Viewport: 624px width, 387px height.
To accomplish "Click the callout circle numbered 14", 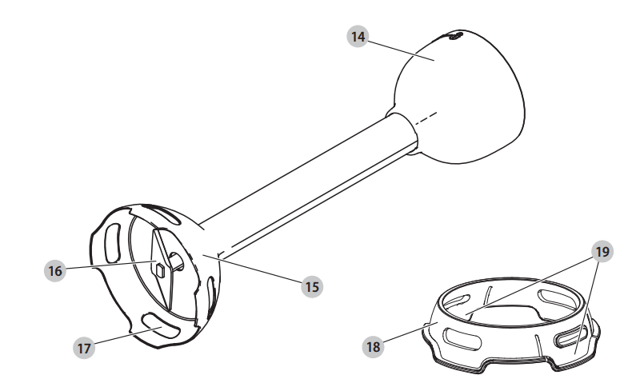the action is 358,37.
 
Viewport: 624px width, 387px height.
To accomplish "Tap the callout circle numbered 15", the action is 312,286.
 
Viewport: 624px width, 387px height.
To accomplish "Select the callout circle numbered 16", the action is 55,271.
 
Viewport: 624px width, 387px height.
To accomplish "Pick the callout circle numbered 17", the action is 84,348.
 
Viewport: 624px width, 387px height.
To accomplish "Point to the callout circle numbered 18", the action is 373,346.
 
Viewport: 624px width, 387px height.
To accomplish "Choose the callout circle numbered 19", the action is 602,252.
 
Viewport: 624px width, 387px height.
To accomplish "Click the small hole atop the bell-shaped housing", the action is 455,36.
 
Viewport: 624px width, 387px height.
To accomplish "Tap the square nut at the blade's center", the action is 161,270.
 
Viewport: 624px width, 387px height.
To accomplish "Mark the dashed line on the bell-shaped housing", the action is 426,118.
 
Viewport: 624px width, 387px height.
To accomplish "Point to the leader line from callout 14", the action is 401,49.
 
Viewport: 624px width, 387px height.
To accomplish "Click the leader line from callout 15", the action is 252,269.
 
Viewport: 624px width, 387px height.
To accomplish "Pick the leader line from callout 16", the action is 110,265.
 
